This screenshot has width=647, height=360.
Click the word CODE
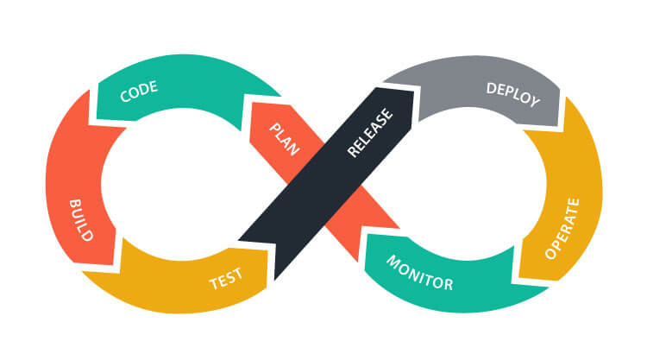click(x=138, y=92)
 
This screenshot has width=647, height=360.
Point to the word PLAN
click(x=284, y=139)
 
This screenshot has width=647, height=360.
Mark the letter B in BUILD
click(x=73, y=205)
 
